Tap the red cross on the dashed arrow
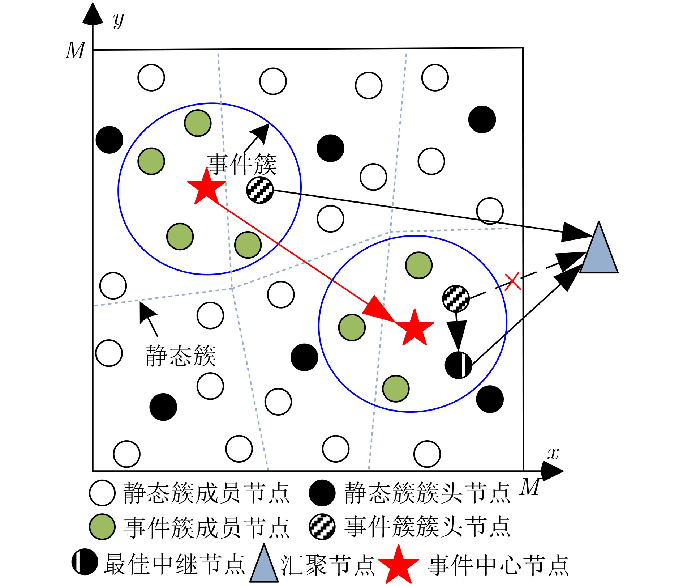click(512, 281)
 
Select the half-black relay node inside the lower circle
click(458, 365)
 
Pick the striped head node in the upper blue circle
click(260, 190)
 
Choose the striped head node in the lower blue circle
click(456, 298)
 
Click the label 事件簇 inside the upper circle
click(242, 165)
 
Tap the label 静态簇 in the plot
click(180, 356)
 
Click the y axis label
click(119, 20)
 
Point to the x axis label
click(553, 453)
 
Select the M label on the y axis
click(76, 50)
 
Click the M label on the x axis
click(530, 487)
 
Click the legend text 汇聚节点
click(328, 565)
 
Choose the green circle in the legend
click(102, 527)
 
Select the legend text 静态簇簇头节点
click(427, 493)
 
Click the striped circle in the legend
click(322, 527)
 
